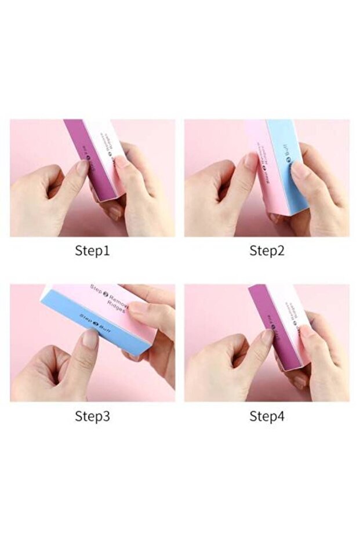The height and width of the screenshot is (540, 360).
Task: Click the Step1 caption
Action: click(x=92, y=251)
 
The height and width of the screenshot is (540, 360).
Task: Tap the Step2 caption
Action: click(x=267, y=251)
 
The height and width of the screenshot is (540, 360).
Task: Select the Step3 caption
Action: click(x=92, y=416)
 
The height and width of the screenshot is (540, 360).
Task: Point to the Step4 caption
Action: click(x=267, y=416)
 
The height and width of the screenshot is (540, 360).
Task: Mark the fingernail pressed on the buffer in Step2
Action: click(x=250, y=161)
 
